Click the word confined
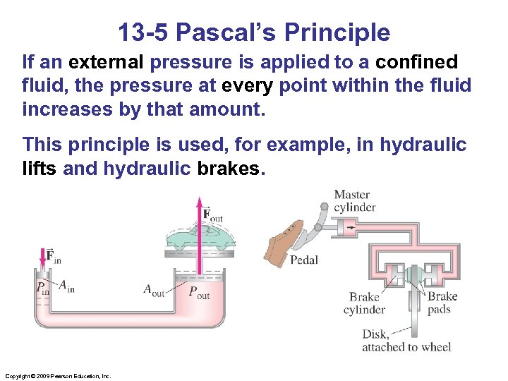pyautogui.click(x=416, y=63)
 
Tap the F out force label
pyautogui.click(x=212, y=214)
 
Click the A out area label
pyautogui.click(x=153, y=290)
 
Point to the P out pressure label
pyautogui.click(x=198, y=293)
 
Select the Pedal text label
pyautogui.click(x=304, y=260)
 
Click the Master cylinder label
pyautogui.click(x=354, y=200)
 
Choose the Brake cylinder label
pyautogui.click(x=364, y=303)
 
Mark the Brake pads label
pyautogui.click(x=442, y=303)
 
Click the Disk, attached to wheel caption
pyautogui.click(x=406, y=340)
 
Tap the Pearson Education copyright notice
pyautogui.click(x=58, y=376)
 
